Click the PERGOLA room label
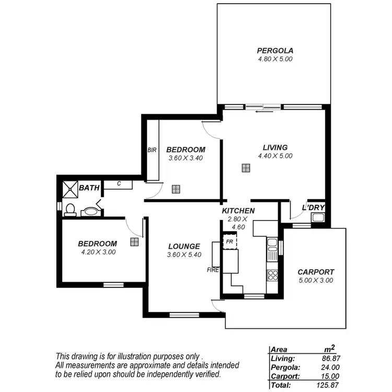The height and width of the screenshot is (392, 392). coord(275,51)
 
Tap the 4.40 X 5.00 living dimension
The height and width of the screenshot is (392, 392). coord(275,156)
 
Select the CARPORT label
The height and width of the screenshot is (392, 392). coord(315,272)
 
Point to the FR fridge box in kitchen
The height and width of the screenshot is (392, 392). coord(229,242)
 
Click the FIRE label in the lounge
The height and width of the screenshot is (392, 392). coord(212,270)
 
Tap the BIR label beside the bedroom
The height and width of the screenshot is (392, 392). coord(152,150)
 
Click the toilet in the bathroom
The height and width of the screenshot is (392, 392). coord(70,210)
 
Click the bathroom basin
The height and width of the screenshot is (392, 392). coord(90,212)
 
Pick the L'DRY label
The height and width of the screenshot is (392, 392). coord(314,208)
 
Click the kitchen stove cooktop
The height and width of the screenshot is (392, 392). coord(272,274)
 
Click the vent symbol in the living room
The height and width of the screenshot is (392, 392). coord(245,168)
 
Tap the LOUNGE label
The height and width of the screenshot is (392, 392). coord(184,247)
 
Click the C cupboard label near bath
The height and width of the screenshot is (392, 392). coord(119,183)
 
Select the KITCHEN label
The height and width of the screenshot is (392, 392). coord(238,211)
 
